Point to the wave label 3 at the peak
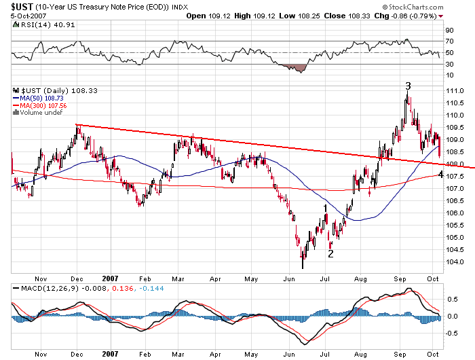408,86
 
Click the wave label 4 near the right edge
441,174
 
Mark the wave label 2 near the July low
330,253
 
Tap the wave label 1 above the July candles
326,208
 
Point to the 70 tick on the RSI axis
449,41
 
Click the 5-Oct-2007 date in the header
18,16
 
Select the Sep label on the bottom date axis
400,278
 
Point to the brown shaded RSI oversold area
293,67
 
